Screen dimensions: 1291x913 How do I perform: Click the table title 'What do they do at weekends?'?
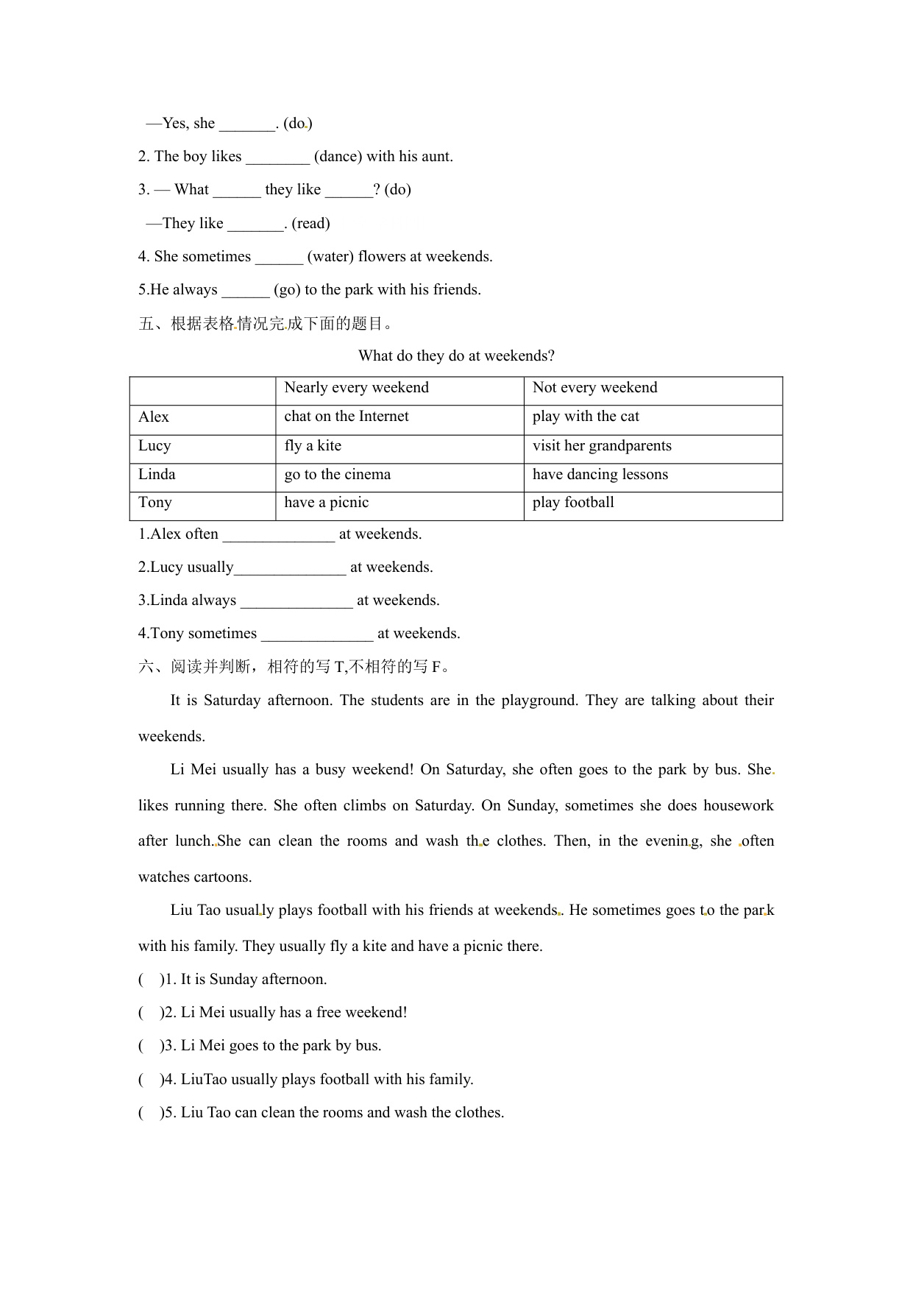pyautogui.click(x=456, y=356)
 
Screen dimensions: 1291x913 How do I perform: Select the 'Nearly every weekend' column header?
pyautogui.click(x=356, y=388)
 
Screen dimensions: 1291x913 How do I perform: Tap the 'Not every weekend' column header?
pyautogui.click(x=594, y=388)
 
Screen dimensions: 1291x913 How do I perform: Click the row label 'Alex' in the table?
pyautogui.click(x=154, y=417)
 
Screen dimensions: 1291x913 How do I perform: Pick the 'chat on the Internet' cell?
pyautogui.click(x=347, y=417)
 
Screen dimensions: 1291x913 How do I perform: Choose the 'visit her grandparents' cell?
pyautogui.click(x=602, y=446)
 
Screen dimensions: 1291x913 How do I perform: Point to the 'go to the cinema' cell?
pyautogui.click(x=338, y=475)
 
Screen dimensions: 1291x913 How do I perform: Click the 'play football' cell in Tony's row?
pyautogui.click(x=573, y=503)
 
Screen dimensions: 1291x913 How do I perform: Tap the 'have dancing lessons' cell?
pyautogui.click(x=600, y=475)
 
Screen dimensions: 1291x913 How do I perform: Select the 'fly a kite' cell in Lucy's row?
pyautogui.click(x=313, y=446)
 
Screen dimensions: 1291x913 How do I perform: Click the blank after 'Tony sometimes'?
pyautogui.click(x=317, y=635)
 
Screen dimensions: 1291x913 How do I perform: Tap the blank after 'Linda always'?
pyautogui.click(x=296, y=602)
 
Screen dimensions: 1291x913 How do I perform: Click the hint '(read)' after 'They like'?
pyautogui.click(x=310, y=224)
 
